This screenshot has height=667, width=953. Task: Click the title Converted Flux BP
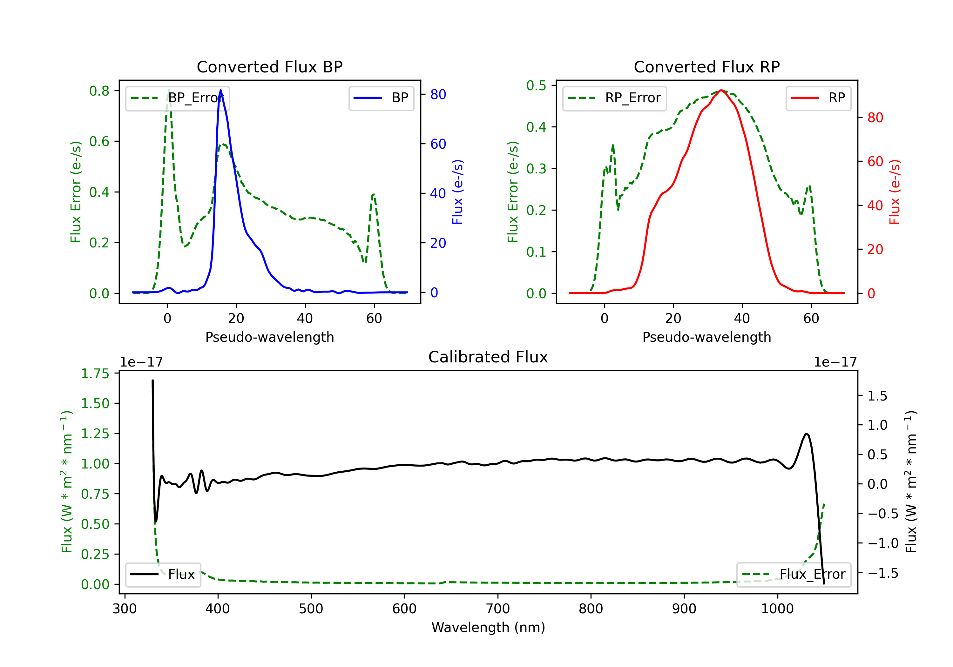coord(269,67)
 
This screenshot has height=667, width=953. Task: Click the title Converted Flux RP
coord(706,67)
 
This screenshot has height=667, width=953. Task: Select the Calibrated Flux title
coord(488,357)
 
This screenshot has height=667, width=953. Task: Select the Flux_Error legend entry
coord(794,575)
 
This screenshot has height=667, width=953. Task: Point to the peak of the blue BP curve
coord(221,90)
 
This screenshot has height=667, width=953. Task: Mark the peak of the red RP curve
coord(721,90)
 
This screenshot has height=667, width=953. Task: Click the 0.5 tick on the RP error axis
coord(536,85)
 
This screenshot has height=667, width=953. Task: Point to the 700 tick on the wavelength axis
coord(498,609)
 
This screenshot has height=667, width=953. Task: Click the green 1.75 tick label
coord(95,374)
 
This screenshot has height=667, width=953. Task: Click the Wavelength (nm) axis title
coord(488,628)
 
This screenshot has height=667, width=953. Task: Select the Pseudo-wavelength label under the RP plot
coord(706,337)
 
